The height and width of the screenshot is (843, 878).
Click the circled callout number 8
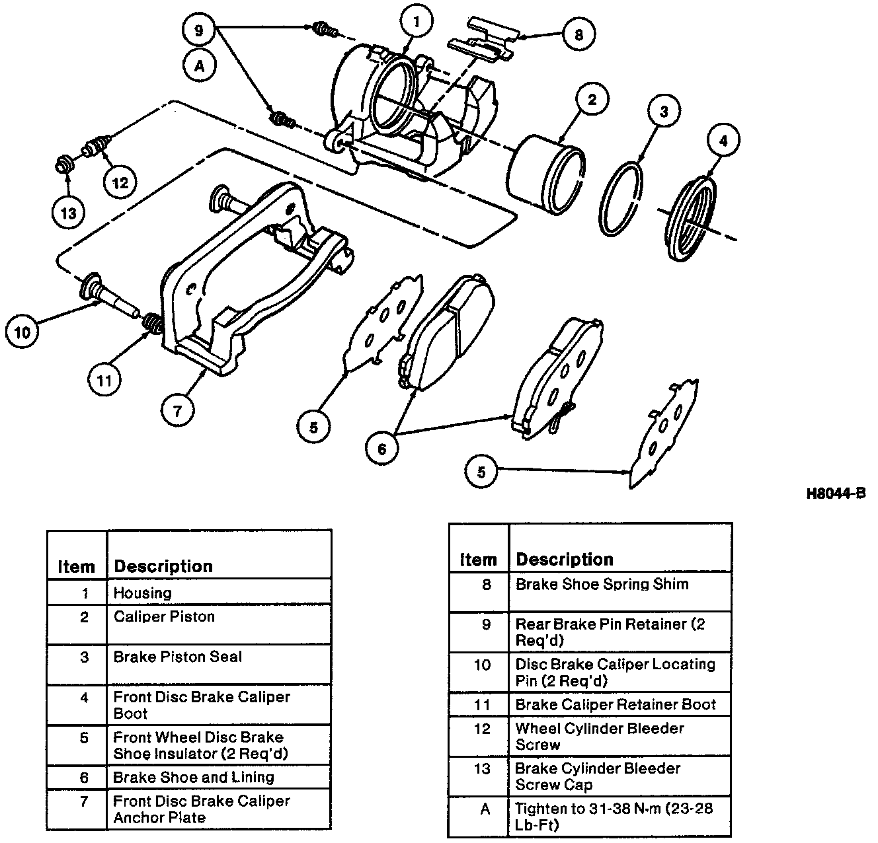click(x=579, y=34)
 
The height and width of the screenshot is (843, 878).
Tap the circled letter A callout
click(x=200, y=66)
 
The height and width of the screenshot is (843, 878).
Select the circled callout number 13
click(x=69, y=213)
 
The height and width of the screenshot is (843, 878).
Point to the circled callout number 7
click(x=178, y=410)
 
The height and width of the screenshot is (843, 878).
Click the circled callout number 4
click(x=723, y=141)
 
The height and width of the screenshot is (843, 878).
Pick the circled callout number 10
click(x=22, y=332)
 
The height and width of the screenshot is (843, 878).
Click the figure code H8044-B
click(x=835, y=493)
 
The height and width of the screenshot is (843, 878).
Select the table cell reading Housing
click(x=143, y=593)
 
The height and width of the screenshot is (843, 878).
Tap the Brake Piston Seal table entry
click(x=178, y=657)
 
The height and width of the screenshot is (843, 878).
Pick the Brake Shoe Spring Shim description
click(x=602, y=585)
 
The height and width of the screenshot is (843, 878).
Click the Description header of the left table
click(x=163, y=567)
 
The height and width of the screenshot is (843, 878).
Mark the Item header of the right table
click(x=478, y=560)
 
